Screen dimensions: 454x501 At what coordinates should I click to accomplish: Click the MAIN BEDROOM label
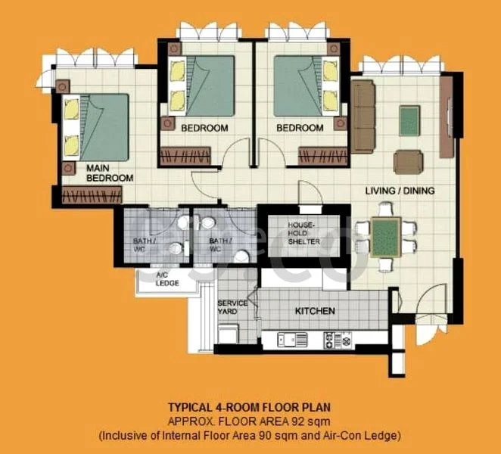[x=110, y=173]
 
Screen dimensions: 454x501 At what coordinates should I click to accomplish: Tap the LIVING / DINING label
[x=400, y=191]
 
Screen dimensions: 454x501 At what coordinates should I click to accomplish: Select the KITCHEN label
[x=315, y=311]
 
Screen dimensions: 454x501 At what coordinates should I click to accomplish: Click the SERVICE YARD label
[x=232, y=307]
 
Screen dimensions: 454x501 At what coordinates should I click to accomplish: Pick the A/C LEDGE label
[x=167, y=279]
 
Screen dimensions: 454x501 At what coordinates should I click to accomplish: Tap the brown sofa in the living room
[x=363, y=115]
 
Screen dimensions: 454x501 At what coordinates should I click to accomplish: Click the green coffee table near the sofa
[x=409, y=121]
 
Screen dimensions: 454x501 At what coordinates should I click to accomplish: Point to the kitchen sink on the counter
[x=290, y=338]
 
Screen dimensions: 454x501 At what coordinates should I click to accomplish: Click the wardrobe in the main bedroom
[x=92, y=196]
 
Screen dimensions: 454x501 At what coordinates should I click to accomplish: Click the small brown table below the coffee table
[x=409, y=161]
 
